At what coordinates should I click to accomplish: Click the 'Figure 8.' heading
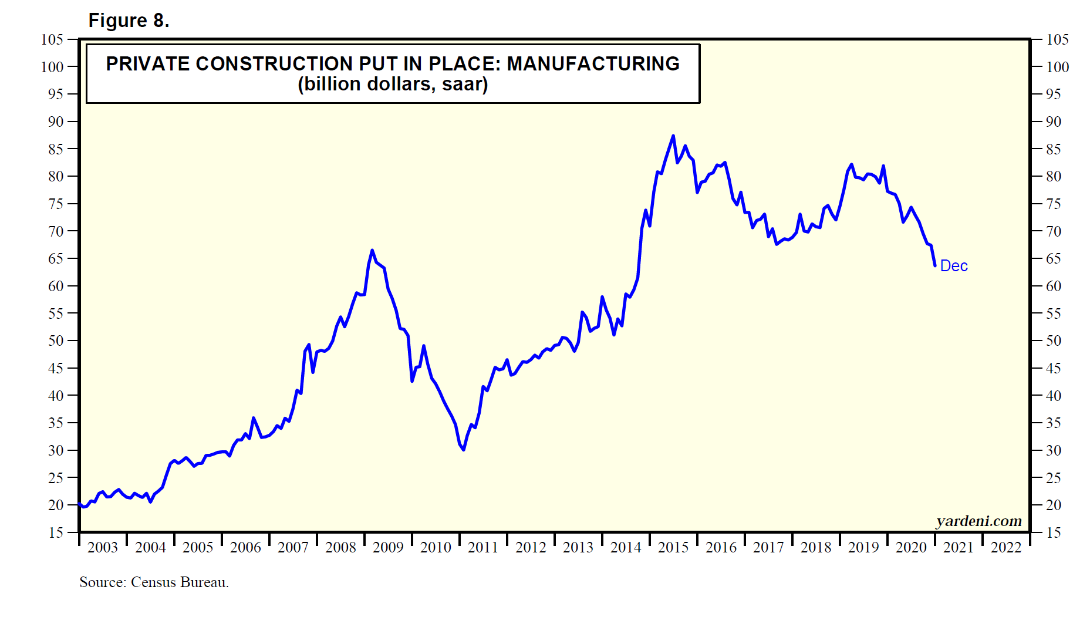pos(129,21)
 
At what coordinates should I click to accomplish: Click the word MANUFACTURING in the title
pos(593,63)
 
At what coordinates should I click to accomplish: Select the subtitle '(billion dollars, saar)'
pos(393,85)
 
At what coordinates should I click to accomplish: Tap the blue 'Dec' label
pos(953,266)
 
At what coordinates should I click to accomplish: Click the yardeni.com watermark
pos(978,521)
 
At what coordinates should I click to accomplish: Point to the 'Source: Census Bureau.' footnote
pos(154,582)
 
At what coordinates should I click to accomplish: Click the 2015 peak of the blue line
pos(673,136)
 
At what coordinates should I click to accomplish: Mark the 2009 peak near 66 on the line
pos(372,251)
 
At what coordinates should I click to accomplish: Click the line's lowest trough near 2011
pos(464,450)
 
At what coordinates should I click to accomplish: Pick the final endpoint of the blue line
pos(935,266)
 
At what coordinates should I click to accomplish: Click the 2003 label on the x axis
pos(103,547)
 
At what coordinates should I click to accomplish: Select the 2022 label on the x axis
pos(1006,547)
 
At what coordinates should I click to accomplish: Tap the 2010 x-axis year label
pos(436,547)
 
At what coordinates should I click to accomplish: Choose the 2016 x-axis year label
pos(721,547)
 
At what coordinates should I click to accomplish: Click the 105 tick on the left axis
pos(52,39)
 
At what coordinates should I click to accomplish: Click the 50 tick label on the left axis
pos(56,340)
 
